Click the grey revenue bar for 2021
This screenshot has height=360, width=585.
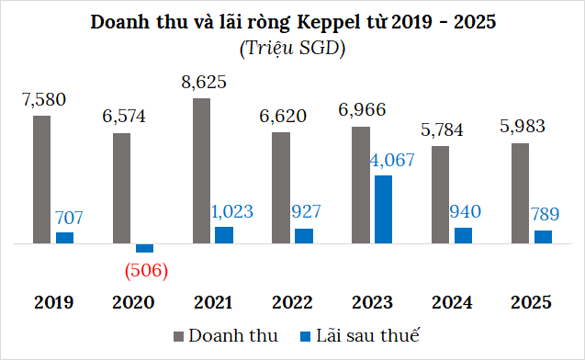pyautogui.click(x=201, y=171)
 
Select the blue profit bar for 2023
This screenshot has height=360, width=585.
pyautogui.click(x=383, y=209)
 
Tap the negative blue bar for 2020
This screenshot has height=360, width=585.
pyautogui.click(x=144, y=248)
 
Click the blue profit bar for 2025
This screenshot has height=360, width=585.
pyautogui.click(x=543, y=237)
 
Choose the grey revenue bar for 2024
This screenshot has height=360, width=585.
pyautogui.click(x=440, y=195)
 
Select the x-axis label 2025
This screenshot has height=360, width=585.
pyautogui.click(x=531, y=302)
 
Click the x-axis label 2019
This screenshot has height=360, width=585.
pyautogui.click(x=53, y=302)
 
